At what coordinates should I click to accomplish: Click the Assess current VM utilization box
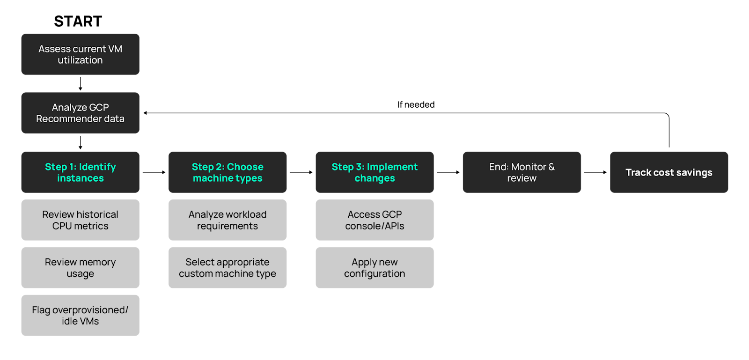(80, 54)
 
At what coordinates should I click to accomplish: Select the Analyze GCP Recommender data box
(80, 113)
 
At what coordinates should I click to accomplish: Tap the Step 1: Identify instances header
(80, 172)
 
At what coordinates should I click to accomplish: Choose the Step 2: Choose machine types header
(228, 172)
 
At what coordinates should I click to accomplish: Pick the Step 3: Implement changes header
(374, 172)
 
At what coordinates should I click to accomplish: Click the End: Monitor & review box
(521, 172)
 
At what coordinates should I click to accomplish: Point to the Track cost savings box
(669, 172)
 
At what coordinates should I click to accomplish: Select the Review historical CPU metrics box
(80, 220)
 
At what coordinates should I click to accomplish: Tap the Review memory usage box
(80, 268)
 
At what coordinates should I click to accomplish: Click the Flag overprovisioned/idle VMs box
(80, 316)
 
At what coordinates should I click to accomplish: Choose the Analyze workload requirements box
(228, 220)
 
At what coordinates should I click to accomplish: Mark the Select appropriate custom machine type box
(228, 268)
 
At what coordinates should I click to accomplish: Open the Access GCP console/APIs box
(374, 220)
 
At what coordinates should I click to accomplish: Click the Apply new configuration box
(374, 268)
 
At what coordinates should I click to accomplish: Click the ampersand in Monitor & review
(551, 167)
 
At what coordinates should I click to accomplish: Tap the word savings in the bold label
(694, 173)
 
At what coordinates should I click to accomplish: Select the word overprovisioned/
(90, 310)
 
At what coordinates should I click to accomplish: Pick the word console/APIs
(374, 226)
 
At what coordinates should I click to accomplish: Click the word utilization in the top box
(80, 60)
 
